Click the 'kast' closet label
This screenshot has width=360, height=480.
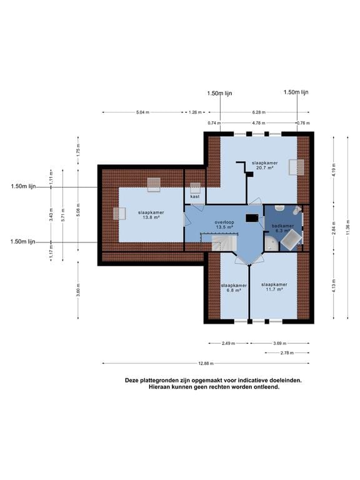click(x=195, y=196)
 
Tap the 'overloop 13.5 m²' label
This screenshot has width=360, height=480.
click(x=224, y=225)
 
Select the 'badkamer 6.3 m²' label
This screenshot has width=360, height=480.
click(x=282, y=228)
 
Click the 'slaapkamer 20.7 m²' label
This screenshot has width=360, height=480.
click(x=265, y=165)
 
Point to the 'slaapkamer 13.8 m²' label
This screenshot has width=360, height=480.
click(x=151, y=214)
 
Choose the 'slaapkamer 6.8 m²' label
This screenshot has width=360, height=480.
click(x=234, y=287)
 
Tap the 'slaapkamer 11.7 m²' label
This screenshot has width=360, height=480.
click(x=274, y=286)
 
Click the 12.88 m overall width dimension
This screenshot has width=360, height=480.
click(x=206, y=363)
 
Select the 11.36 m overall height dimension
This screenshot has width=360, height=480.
click(x=347, y=227)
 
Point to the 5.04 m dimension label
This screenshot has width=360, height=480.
click(x=142, y=112)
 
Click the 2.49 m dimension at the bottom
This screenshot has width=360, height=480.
click(x=228, y=344)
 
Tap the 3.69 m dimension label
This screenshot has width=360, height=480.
click(x=280, y=344)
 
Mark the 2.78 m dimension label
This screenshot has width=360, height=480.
click(x=287, y=353)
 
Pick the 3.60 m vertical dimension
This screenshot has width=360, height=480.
click(x=78, y=290)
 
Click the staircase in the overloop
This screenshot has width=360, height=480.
click(x=224, y=243)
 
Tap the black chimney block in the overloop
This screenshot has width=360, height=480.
click(x=252, y=218)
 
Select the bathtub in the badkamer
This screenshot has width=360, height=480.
click(x=291, y=240)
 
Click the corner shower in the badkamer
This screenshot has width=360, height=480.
click(x=271, y=244)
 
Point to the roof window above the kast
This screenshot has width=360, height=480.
click(x=195, y=188)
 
